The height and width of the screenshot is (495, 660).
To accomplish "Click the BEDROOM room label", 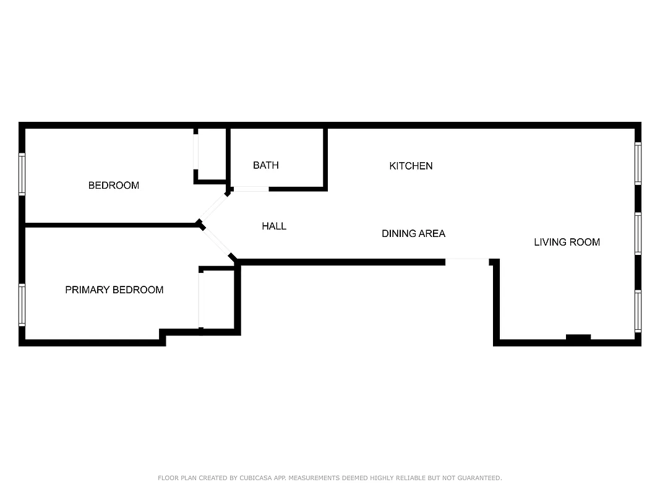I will click(114, 185).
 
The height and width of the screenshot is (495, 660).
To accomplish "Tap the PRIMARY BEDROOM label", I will click(114, 290).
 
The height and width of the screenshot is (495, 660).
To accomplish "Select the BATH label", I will click(266, 165).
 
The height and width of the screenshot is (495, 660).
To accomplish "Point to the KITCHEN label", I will click(411, 166).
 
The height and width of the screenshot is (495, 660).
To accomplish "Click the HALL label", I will click(274, 226).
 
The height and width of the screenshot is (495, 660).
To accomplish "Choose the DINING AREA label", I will click(413, 233).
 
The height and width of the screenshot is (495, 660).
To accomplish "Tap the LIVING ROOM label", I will click(567, 242).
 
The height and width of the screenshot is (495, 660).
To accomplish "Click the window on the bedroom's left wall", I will click(22, 174).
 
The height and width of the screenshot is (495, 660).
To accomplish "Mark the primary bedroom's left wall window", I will click(22, 304).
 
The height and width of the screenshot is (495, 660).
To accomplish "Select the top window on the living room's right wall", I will click(638, 163).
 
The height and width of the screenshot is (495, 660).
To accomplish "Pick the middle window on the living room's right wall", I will click(638, 233).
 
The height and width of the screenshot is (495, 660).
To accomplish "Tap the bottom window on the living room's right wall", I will click(638, 311).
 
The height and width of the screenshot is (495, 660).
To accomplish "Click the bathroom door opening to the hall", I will click(251, 189).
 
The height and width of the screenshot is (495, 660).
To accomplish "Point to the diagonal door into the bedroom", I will click(214, 207).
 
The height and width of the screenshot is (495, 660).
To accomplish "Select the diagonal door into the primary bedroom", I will click(216, 242).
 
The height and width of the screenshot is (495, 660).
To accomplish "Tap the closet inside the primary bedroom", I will click(217, 299).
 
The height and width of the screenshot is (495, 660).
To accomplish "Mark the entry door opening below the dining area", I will click(467, 260).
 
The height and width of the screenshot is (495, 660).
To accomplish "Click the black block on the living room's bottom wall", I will click(578, 337).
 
